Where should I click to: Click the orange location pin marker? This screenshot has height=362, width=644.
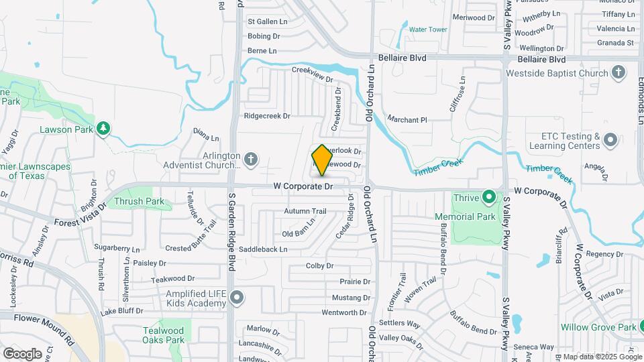pyautogui.click(x=323, y=160)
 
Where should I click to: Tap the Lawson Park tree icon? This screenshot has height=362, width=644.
pyautogui.click(x=103, y=128)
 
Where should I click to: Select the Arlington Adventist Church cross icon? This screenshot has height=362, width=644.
pyautogui.click(x=251, y=159)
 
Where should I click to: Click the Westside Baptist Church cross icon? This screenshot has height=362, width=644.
pyautogui.click(x=619, y=72)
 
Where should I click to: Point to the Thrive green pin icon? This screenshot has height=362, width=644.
pyautogui.click(x=490, y=198)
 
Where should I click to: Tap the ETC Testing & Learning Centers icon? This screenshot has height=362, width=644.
pyautogui.click(x=610, y=140)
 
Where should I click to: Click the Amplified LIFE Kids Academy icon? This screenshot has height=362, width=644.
pyautogui.click(x=236, y=297)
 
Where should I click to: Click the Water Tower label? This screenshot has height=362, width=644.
pyautogui.click(x=428, y=29)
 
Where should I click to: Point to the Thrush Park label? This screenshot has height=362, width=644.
pyautogui.click(x=140, y=201)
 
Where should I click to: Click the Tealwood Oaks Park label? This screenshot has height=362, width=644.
pyautogui.click(x=163, y=335)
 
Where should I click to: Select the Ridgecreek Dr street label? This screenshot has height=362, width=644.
pyautogui.click(x=267, y=115)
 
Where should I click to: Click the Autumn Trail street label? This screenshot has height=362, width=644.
pyautogui.click(x=305, y=211)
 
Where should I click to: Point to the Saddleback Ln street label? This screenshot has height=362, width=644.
pyautogui.click(x=265, y=249)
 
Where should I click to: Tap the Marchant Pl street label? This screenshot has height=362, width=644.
pyautogui.click(x=407, y=120)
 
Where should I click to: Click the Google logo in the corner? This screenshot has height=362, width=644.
pyautogui.click(x=22, y=353)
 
